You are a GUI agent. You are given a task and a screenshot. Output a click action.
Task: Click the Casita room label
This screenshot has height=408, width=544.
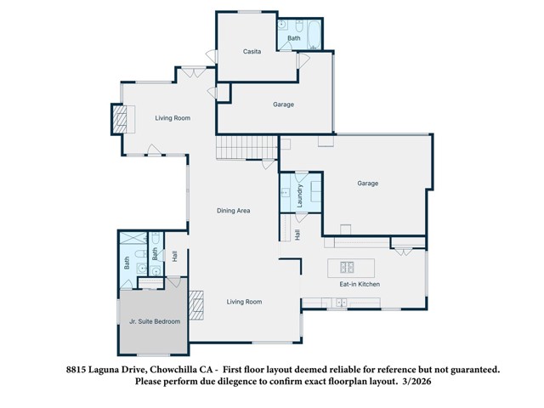[252, 52]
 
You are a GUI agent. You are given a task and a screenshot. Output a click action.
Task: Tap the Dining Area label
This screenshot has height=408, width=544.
[233, 211]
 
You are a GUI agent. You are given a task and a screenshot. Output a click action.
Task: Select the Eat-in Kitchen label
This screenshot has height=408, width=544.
[360, 284]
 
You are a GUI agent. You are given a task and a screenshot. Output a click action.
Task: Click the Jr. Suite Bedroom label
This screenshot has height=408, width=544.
[155, 322]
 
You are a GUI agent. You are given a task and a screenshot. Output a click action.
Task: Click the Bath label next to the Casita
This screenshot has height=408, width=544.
[294, 38]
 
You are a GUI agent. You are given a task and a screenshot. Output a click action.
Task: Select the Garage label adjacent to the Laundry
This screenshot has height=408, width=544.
[367, 184]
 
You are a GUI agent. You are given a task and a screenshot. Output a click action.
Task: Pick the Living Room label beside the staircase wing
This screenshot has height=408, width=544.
[173, 118]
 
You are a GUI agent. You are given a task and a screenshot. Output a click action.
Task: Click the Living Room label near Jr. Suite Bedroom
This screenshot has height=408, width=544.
[244, 302]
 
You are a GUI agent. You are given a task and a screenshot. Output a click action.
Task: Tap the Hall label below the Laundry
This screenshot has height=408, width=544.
[297, 235]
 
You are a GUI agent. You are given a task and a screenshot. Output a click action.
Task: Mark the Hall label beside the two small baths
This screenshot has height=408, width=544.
[174, 254]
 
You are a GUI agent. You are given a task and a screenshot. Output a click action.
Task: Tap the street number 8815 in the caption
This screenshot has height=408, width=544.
[78, 371]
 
